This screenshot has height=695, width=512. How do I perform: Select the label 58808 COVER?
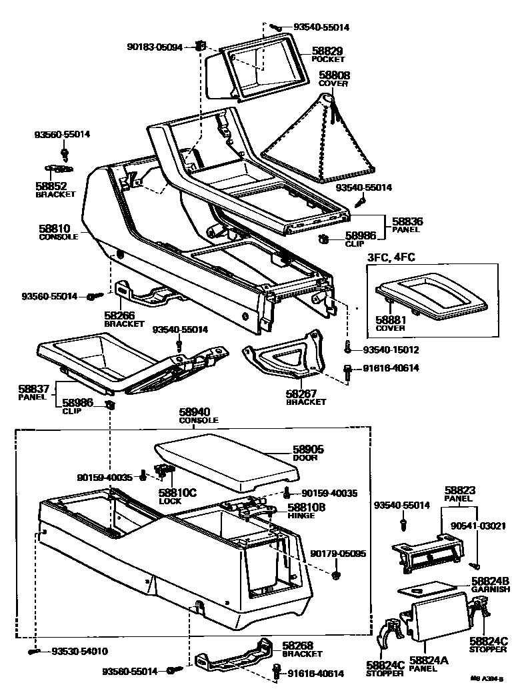[333, 79]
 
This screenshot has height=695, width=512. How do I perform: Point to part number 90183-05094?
[154, 47]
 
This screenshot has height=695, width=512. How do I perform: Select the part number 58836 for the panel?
[407, 221]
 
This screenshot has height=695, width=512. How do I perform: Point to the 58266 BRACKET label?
[124, 319]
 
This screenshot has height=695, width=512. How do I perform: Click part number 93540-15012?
[391, 350]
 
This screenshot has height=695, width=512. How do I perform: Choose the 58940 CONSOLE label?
[198, 416]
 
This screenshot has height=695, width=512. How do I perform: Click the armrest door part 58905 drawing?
[227, 460]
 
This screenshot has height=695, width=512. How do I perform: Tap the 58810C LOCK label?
[177, 496]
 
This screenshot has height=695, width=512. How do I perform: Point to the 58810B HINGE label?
[306, 511]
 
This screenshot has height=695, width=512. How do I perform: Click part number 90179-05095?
[337, 554]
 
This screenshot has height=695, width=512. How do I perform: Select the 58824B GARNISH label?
[490, 584]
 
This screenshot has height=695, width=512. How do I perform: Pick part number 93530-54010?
[79, 651]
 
